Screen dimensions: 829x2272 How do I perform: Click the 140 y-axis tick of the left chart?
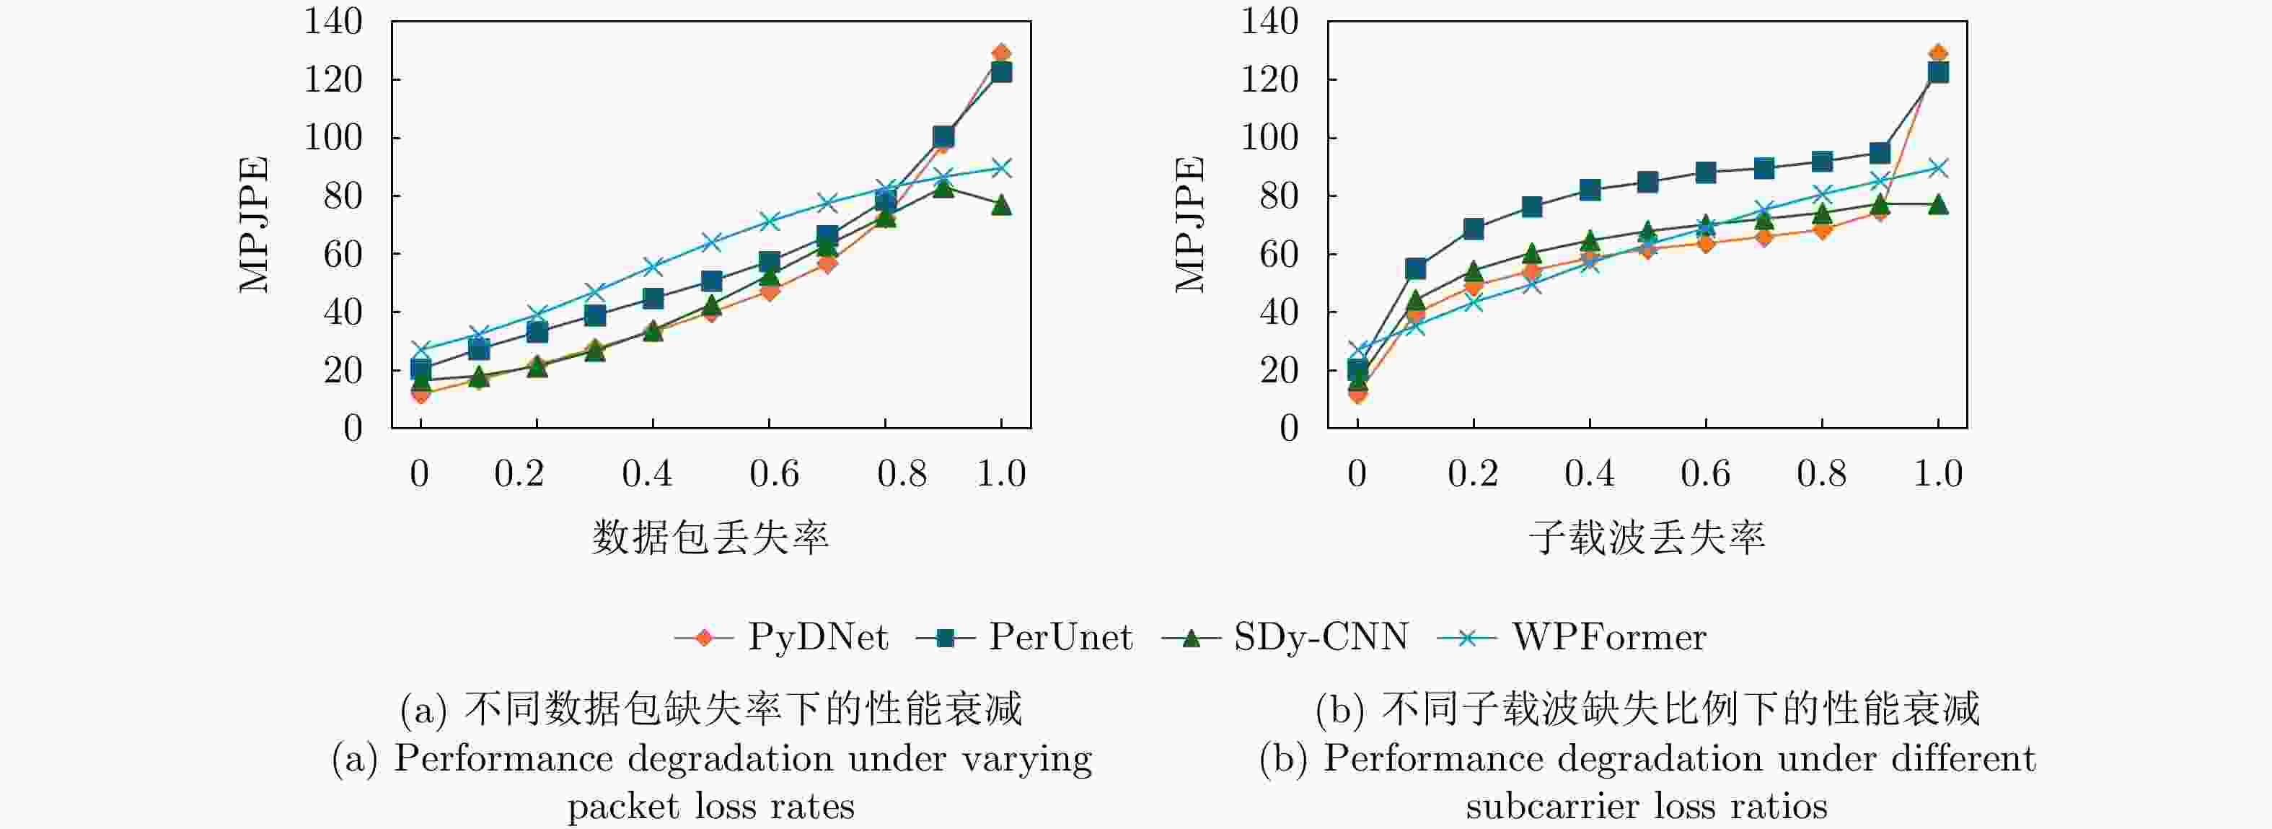click(333, 21)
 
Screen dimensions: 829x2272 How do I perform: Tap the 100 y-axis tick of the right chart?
click(1270, 138)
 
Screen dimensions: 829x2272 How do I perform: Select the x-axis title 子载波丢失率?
click(1647, 537)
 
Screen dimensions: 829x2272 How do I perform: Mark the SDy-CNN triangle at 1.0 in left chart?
click(1001, 206)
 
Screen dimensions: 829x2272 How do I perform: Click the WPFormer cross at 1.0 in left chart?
click(1001, 167)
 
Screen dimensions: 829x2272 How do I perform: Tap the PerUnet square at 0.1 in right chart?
click(1414, 268)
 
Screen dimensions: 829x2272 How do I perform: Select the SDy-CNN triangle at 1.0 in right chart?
click(1938, 205)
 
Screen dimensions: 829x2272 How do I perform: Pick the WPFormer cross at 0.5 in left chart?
click(711, 242)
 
